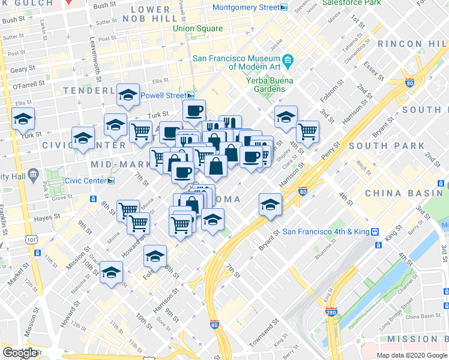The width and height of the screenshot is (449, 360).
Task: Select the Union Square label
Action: click(195, 29)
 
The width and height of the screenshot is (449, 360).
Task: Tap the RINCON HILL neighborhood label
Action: click(408, 44)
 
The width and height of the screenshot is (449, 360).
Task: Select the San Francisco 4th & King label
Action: click(325, 232)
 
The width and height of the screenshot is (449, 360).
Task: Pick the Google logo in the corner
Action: click(20, 353)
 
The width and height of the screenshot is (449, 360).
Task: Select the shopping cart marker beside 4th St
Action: click(307, 131)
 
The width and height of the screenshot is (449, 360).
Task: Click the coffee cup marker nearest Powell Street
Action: click(194, 111)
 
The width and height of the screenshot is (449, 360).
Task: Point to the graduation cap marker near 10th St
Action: click(111, 272)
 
